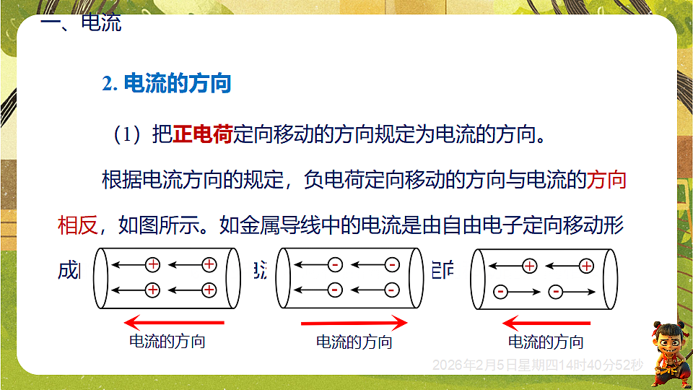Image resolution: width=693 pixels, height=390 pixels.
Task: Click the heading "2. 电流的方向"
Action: coord(167,84)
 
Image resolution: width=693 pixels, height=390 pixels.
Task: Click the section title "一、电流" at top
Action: coord(81,23)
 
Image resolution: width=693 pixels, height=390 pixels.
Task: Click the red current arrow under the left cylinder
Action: coord(174,322)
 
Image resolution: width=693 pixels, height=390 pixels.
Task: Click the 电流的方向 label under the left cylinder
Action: coord(167,341)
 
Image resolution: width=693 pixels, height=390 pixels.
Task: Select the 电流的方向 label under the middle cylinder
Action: coord(354,342)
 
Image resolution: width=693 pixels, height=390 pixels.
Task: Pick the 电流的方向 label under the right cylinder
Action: coord(546,342)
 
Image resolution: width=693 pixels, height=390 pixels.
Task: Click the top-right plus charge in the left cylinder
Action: coord(209,264)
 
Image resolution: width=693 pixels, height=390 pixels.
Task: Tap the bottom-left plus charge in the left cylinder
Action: coord(152,290)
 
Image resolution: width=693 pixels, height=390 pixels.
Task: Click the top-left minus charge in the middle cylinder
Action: coord(335,264)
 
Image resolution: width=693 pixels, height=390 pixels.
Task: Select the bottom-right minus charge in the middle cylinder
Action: coord(391,290)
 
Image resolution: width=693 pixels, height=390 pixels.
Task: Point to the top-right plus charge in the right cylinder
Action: coord(586,266)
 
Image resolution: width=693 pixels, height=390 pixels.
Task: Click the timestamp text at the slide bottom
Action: coord(537,365)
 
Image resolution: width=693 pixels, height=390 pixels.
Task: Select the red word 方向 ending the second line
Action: coord(607,180)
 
